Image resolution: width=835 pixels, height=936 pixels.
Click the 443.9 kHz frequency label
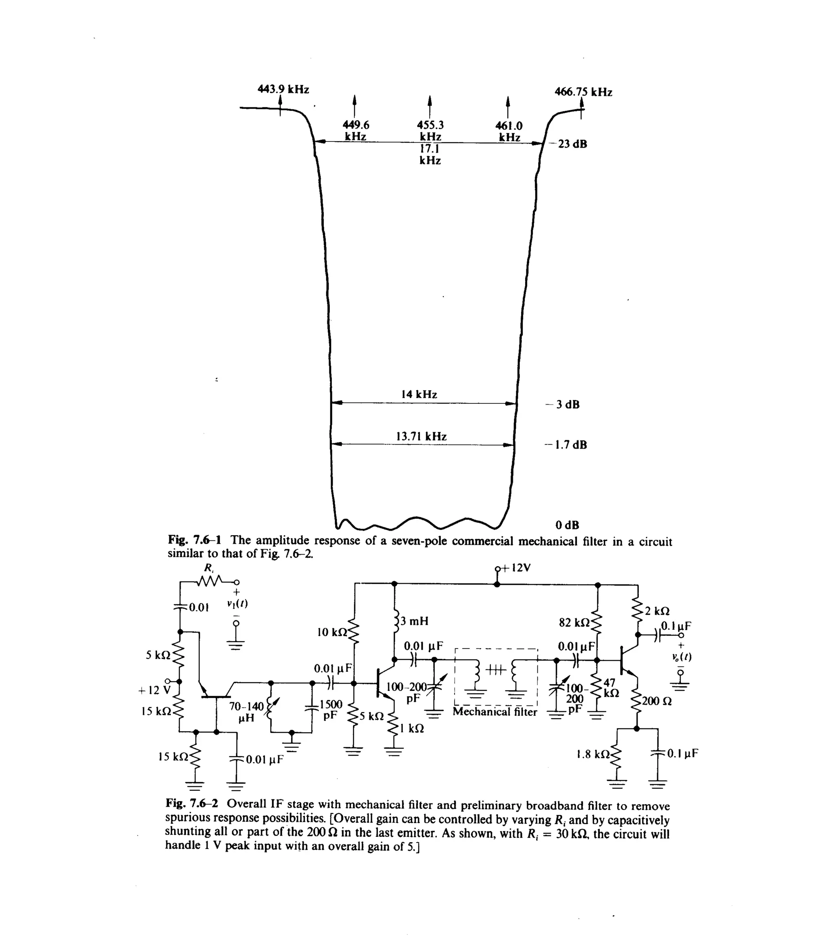pos(283,89)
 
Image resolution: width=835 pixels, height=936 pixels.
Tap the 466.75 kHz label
pos(583,92)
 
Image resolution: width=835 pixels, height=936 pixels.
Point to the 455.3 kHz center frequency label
pos(430,131)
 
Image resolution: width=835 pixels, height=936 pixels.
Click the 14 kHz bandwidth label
pos(419,394)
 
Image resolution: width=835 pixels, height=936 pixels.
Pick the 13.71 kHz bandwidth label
pos(421,436)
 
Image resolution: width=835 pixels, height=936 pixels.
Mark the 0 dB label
pos(567,525)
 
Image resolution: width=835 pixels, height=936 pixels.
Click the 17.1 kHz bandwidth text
pos(430,155)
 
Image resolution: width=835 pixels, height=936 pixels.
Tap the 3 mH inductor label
pos(414,621)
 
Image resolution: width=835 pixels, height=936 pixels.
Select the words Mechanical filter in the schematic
pos(495,712)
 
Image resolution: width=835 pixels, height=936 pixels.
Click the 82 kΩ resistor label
pos(574,623)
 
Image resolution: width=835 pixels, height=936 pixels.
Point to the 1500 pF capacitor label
pos(331,709)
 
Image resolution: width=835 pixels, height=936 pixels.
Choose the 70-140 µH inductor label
pos(247,712)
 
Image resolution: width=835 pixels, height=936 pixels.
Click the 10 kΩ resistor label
pos(333,632)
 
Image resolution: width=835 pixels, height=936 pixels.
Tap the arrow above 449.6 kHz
pos(354,106)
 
